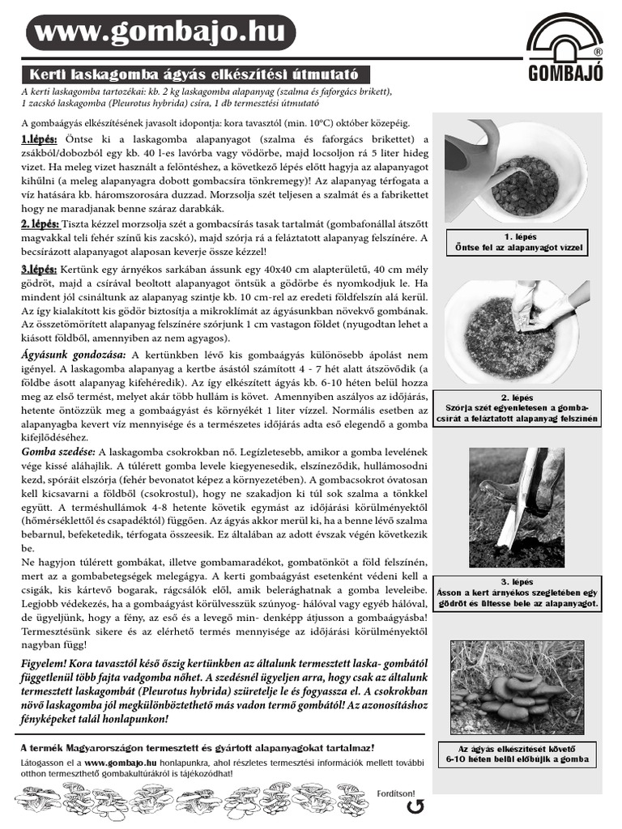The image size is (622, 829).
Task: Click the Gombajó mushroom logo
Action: [x=564, y=49]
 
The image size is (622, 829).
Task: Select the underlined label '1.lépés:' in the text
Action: [x=40, y=140]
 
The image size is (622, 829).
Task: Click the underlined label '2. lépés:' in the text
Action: [x=40, y=223]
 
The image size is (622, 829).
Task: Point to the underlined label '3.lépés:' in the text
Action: [x=40, y=270]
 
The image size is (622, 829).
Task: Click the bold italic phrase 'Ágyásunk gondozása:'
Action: [x=72, y=355]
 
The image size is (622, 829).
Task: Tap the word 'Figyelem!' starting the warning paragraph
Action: [x=47, y=662]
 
